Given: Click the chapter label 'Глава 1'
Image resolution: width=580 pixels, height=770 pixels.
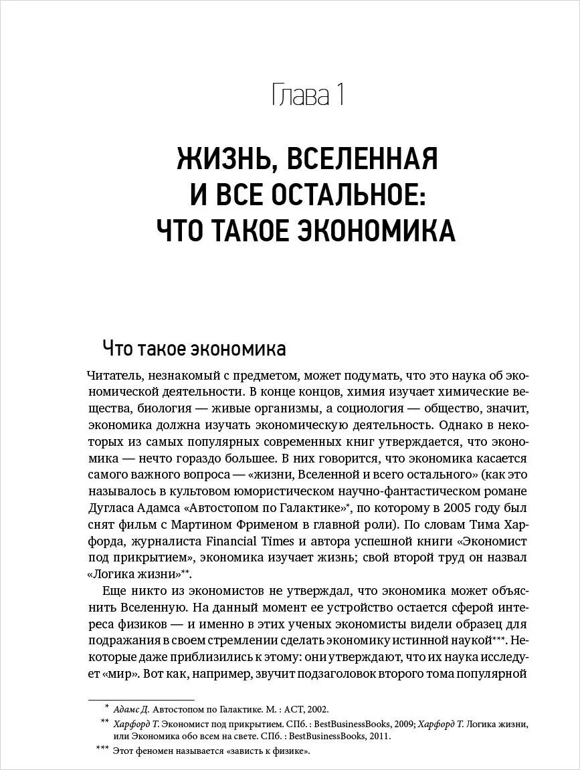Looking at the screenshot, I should coord(308,95).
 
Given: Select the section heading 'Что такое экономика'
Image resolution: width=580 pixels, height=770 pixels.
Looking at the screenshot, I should coord(194,349).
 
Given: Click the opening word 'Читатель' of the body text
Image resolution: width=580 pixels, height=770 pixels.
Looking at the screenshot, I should coord(112,376).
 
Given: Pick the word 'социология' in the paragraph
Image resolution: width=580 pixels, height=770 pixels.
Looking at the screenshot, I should coord(369,408).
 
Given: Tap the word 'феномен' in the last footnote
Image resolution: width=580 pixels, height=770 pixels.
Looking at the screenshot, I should coord(158,752).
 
